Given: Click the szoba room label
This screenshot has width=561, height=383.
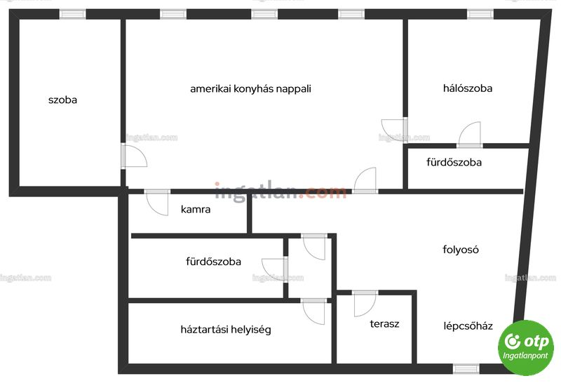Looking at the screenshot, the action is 62,100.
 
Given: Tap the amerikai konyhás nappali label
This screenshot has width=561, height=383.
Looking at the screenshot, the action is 250,89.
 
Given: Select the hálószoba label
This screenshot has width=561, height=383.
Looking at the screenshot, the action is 468,88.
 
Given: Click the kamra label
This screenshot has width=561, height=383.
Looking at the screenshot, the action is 196,209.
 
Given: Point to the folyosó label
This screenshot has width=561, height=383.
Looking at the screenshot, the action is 461,249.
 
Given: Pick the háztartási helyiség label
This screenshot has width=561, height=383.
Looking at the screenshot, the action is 226,329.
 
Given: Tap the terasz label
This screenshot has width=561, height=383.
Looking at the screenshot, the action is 384,324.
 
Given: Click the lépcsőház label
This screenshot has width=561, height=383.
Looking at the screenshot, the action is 468,326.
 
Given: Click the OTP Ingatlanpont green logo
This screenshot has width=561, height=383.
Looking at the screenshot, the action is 525,347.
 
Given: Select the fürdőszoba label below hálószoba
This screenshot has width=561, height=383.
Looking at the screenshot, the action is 454,162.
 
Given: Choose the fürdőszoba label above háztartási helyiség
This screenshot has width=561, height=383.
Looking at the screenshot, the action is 214,262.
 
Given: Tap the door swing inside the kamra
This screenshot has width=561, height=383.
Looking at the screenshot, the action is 157,203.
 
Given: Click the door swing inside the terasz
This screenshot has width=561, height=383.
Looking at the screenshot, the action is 365,304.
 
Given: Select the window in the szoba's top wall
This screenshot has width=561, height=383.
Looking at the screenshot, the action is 73,14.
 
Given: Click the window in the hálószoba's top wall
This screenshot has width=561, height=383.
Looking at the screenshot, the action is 480,14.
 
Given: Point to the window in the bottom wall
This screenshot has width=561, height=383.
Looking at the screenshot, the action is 466,369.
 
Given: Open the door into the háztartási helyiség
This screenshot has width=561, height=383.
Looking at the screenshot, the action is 313,312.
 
